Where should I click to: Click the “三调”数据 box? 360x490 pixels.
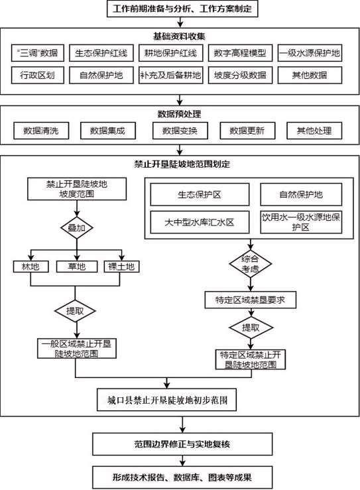click(38, 53)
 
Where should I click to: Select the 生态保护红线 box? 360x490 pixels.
click(101, 53)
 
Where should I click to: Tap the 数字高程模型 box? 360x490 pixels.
click(240, 53)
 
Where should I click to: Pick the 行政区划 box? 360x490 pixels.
click(38, 75)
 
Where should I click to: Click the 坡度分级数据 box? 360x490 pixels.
click(240, 75)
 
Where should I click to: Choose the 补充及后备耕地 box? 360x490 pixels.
click(170, 75)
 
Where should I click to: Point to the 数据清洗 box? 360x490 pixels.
click(41, 131)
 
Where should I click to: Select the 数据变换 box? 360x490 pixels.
click(180, 131)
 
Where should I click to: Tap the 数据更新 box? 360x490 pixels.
click(247, 131)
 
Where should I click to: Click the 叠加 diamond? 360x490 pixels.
click(77, 227)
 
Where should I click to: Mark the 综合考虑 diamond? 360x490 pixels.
click(251, 264)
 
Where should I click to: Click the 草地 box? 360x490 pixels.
click(77, 267)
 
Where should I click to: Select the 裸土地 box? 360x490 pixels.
click(121, 267)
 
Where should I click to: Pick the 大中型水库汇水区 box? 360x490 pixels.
click(200, 222)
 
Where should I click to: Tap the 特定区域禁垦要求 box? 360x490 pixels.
click(251, 300)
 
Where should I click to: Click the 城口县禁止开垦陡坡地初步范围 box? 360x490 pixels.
click(166, 400)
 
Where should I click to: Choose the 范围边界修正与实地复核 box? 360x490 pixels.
click(182, 444)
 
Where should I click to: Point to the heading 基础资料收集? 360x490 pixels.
click(179, 36)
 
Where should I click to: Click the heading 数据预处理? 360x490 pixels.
click(179, 114)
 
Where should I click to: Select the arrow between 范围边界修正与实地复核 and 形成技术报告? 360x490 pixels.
click(182, 461)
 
